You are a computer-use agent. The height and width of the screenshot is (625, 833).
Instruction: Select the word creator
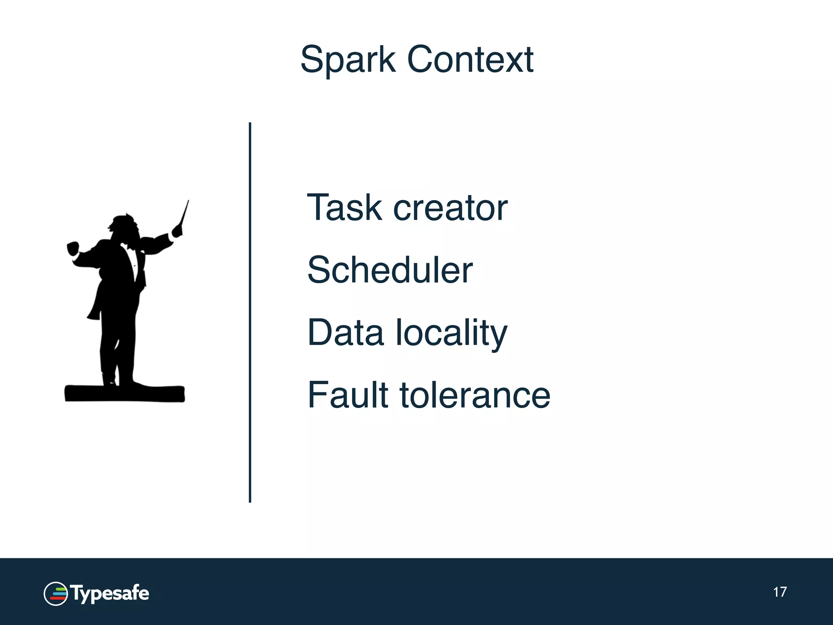[450, 208]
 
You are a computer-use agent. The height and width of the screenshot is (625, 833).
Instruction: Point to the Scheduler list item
[390, 270]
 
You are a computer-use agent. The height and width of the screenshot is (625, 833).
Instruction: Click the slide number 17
[780, 592]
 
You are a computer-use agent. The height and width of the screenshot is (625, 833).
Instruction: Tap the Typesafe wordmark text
[110, 594]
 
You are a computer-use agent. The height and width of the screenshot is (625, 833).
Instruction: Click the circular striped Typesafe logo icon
[55, 594]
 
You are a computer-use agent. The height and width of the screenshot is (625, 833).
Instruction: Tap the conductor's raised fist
[73, 248]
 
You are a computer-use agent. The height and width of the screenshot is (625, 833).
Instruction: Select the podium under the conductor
[124, 393]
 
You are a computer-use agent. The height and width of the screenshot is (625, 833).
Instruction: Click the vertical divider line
[250, 312]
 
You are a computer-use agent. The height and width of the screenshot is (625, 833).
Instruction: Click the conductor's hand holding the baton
[177, 232]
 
